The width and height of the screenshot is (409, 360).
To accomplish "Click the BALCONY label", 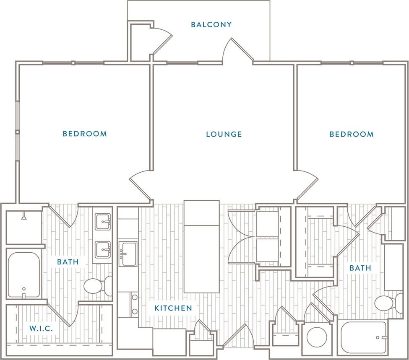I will coord(211,25).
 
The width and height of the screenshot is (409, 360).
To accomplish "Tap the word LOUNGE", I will coord(224,135).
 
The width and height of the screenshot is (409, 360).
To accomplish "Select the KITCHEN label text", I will coord(173,308).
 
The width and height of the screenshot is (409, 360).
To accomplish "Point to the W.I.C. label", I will coord(41,329).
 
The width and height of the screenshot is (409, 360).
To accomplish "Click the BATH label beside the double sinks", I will coord(68,262).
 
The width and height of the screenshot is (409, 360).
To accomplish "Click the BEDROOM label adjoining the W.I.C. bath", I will coord(85,134).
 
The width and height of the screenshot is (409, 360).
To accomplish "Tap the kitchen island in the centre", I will coord(201,246).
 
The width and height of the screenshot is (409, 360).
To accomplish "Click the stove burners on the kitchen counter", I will coord(134,304).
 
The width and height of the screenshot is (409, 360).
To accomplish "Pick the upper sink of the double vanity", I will coord(103,222).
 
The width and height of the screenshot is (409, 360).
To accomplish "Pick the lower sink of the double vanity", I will coord(103,250).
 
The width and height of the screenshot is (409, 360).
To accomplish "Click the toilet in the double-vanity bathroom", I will coord(96,286).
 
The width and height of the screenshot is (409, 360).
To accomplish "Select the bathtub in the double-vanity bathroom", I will coord(24,275).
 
